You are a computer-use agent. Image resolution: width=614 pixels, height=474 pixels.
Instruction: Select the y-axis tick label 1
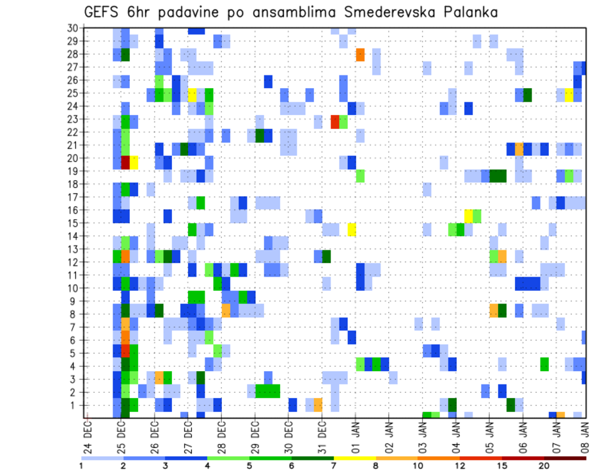[75, 404]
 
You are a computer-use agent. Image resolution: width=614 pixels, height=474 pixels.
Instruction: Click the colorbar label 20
[544, 466]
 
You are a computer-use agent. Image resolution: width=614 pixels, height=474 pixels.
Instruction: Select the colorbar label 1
[81, 466]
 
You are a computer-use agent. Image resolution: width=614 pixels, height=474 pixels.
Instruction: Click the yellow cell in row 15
[352, 229]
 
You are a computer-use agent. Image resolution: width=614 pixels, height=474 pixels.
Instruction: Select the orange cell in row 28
[360, 54]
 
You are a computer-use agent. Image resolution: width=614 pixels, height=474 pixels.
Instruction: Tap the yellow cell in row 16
[468, 215]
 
